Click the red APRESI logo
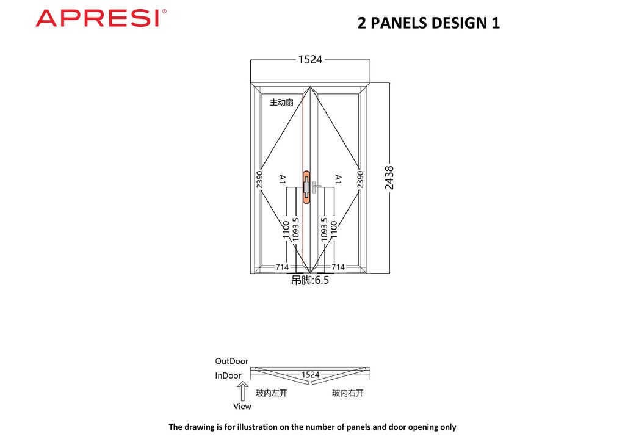point(101,18)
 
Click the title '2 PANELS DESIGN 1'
point(428,23)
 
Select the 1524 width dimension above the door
point(310,60)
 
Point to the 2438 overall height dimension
point(389,178)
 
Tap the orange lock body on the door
point(306,187)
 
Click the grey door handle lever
point(316,187)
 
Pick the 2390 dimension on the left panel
point(259,179)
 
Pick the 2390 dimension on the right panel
point(360,179)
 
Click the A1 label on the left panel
point(282,179)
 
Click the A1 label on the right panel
point(338,179)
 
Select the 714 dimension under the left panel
point(282,267)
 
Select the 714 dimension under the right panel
point(338,267)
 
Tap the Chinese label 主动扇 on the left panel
point(281,103)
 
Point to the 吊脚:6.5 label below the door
point(310,280)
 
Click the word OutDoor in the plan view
point(231,361)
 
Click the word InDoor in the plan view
point(228,375)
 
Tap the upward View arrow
point(242,391)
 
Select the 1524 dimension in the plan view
point(310,375)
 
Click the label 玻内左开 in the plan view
point(272,393)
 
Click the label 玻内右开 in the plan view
point(348,393)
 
